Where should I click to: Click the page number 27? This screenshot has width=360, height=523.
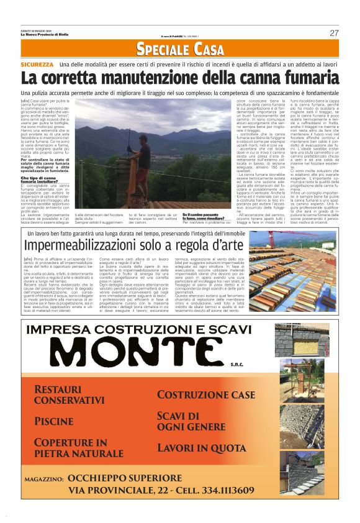334,33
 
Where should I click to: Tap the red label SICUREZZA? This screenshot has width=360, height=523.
37,65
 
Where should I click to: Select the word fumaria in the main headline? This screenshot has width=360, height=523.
301,78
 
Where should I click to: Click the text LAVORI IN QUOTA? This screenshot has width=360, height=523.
202,447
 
